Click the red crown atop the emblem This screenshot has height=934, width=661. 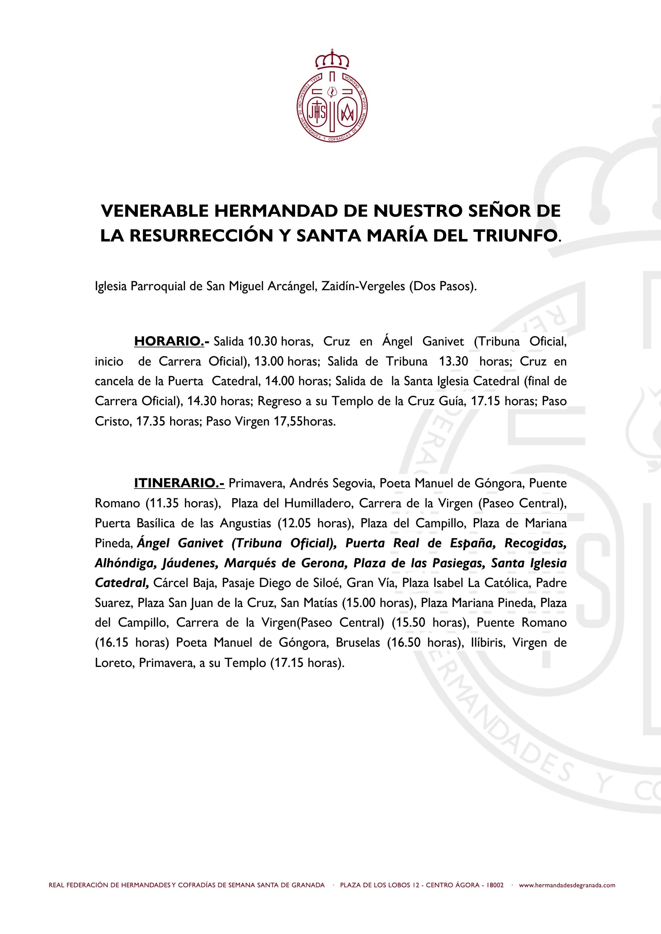click(x=333, y=60)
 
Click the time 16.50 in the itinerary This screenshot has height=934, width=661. click(x=405, y=643)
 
